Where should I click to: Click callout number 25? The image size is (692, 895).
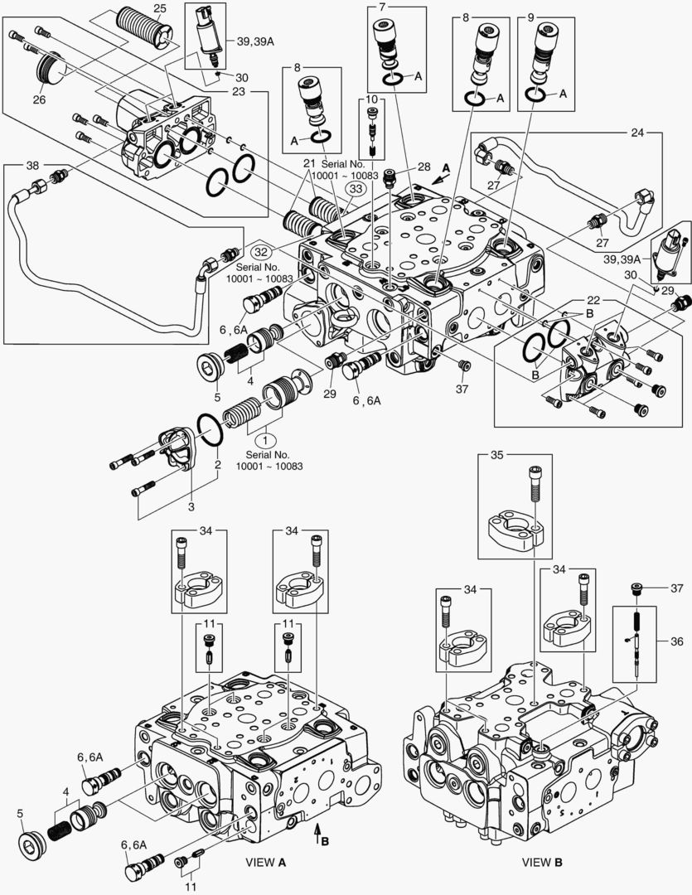[160, 7]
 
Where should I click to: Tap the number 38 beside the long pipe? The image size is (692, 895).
[32, 165]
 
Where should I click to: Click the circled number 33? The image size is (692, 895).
[356, 189]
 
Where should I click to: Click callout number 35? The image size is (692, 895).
[496, 455]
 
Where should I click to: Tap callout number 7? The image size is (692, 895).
[382, 7]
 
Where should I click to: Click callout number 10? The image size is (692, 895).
[371, 99]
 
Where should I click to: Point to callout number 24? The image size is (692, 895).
[637, 132]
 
